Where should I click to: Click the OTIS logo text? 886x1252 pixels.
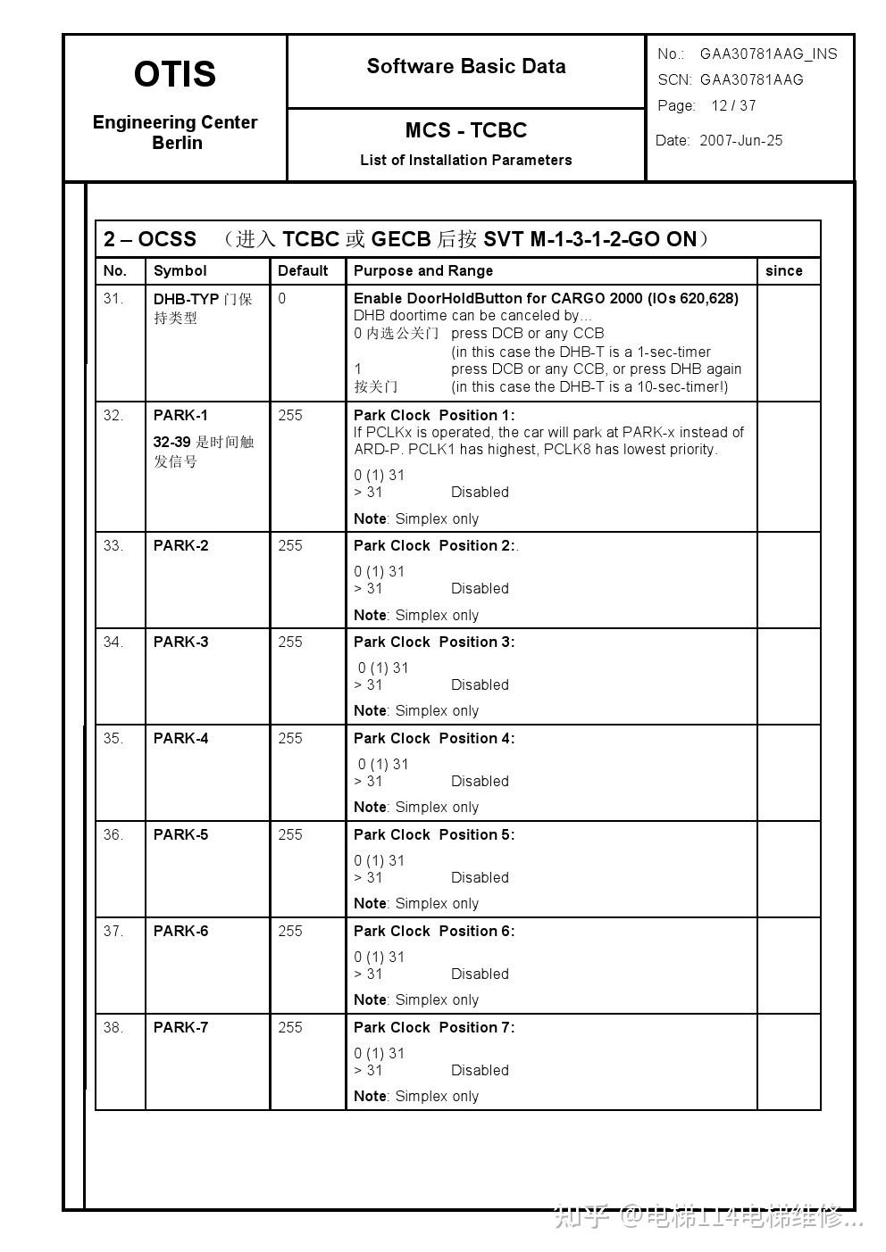(x=175, y=74)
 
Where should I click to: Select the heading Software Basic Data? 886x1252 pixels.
(x=466, y=67)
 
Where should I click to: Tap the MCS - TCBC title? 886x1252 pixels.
(x=466, y=130)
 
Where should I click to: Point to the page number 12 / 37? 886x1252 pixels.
(x=733, y=106)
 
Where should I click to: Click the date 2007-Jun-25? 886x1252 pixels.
(x=740, y=141)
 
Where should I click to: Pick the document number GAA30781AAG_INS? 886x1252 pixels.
(x=768, y=54)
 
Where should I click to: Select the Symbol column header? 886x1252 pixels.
(x=180, y=271)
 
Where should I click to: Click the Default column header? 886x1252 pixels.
(x=303, y=271)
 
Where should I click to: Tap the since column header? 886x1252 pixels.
(x=783, y=271)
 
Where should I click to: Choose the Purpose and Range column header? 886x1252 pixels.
(x=423, y=271)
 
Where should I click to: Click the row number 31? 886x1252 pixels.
(x=113, y=299)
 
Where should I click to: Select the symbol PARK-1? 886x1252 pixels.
(x=180, y=416)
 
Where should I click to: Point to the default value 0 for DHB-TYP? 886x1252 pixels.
(x=282, y=299)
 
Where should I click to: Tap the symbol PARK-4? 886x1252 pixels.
(x=180, y=739)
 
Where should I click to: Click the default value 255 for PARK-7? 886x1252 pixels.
(x=290, y=1028)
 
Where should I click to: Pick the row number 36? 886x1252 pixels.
(x=113, y=835)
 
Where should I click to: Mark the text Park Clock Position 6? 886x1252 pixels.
(x=434, y=932)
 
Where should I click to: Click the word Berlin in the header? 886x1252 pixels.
(x=177, y=144)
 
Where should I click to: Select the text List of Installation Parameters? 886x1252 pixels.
(x=466, y=161)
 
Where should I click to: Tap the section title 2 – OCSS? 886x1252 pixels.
(x=150, y=239)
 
